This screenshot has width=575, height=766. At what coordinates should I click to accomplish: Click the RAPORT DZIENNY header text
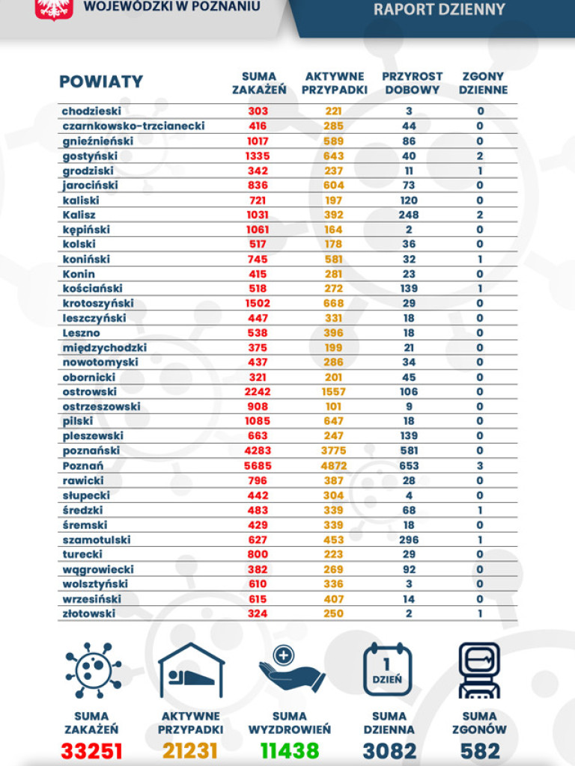coord(439,10)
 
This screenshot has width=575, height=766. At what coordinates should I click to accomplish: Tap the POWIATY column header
coord(101,82)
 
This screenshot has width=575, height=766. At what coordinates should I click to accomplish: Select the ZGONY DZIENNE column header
coord(484,83)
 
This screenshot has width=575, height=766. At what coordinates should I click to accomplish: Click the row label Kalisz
coord(79,215)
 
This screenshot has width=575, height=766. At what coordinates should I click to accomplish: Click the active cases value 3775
coord(334,450)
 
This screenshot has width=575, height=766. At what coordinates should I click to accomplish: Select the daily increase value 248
coord(409,215)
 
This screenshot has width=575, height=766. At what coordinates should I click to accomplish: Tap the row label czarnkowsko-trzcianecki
coord(133,126)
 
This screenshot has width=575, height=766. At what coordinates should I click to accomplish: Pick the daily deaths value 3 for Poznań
coord(480,465)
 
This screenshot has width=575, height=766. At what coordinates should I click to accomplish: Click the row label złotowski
coord(88,613)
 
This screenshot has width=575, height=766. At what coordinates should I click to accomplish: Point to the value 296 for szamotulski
coord(409,539)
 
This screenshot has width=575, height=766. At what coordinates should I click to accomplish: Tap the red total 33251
coord(91,750)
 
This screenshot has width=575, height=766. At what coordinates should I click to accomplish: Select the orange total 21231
coord(190,750)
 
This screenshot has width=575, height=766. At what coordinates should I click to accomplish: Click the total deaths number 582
coord(479,750)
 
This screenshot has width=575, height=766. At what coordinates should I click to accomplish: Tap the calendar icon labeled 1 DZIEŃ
coord(388,670)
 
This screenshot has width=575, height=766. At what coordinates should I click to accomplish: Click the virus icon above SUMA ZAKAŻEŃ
coord(91,670)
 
